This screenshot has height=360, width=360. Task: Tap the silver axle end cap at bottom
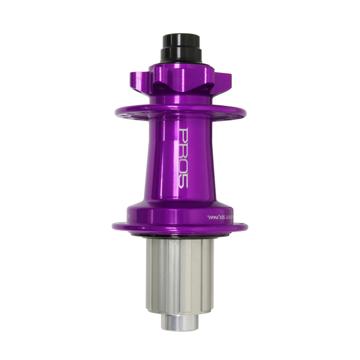(x=180, y=321)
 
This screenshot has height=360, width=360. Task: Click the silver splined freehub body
(x=180, y=274)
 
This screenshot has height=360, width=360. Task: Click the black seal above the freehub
(x=180, y=236)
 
